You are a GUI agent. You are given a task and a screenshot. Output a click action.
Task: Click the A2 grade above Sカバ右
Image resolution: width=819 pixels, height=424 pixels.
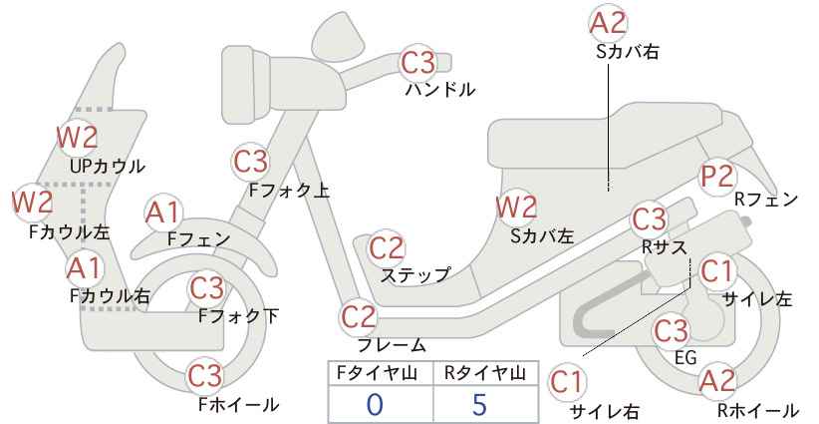tap(608, 23)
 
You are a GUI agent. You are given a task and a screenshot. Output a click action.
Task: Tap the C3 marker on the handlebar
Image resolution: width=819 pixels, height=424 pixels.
tap(417, 62)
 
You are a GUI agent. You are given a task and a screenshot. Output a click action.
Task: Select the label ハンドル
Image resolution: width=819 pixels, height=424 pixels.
tap(440, 90)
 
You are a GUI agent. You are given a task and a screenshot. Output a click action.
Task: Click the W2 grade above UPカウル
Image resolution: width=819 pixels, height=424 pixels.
tap(78, 137)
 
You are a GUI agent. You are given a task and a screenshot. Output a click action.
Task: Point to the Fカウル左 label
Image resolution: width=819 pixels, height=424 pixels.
tap(70, 231)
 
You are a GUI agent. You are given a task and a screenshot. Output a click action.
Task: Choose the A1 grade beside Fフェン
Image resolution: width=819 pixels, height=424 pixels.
tap(163, 213)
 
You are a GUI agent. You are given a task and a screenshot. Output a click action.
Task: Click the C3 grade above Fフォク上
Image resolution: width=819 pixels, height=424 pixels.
tap(251, 162)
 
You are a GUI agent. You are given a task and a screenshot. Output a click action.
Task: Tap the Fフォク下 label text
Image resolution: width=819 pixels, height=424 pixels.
tap(239, 316)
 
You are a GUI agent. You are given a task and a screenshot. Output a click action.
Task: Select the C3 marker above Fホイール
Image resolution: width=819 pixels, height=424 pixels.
tap(206, 375)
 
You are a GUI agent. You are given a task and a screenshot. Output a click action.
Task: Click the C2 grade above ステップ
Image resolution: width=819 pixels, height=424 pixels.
tap(387, 248)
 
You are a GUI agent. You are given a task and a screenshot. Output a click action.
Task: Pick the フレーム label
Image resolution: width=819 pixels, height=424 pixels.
tap(392, 344)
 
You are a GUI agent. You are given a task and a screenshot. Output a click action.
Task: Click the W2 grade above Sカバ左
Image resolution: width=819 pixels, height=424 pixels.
tap(516, 208)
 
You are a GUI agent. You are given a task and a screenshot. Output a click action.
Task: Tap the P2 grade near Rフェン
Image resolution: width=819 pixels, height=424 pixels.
tap(717, 177)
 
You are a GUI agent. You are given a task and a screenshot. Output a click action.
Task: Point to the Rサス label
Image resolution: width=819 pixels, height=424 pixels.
tap(664, 247)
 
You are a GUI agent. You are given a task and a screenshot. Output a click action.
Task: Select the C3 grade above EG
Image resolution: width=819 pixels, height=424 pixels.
tap(672, 331)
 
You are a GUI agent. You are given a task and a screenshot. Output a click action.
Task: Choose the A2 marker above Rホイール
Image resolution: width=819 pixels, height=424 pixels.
tap(717, 381)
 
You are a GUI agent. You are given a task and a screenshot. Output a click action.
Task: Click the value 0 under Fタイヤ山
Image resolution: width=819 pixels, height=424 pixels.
tap(375, 404)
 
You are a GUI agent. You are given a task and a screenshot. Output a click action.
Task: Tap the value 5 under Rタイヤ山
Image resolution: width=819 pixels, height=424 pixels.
tap(479, 404)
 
